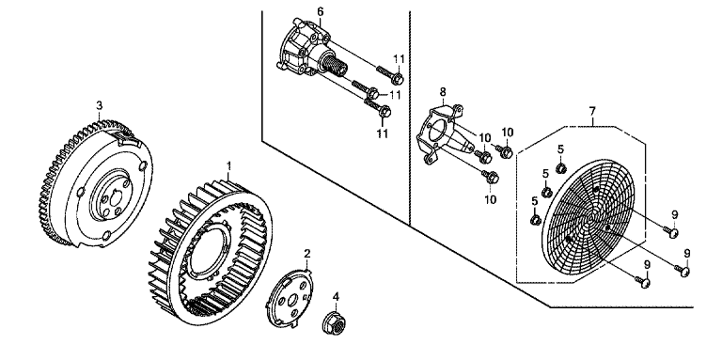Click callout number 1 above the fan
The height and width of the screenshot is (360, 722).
tap(229, 165)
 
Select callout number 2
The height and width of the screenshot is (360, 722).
tap(307, 253)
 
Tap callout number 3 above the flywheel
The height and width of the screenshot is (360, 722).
tap(99, 105)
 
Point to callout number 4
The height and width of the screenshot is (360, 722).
tap(337, 296)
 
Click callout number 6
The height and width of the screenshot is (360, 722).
tap(321, 11)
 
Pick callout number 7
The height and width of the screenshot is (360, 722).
tap(592, 111)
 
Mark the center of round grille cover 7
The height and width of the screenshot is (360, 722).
tap(593, 215)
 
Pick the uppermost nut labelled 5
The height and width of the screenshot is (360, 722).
tap(560, 167)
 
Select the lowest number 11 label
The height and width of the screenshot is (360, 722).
tap(383, 133)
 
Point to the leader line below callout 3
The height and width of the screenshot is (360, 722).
tap(99, 115)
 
